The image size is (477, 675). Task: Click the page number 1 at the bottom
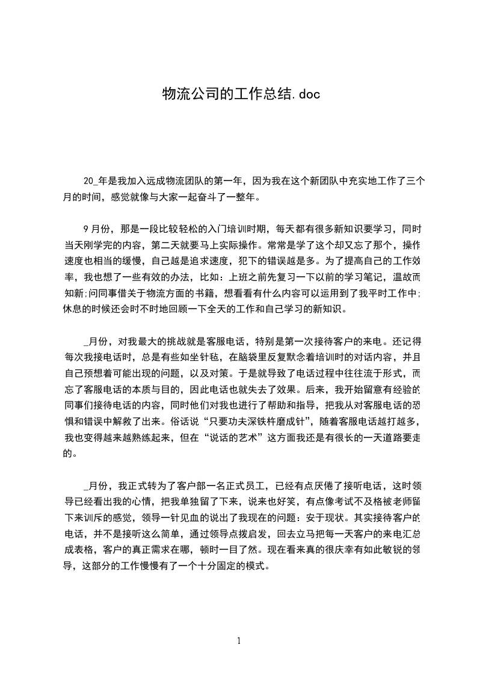point(239,641)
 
